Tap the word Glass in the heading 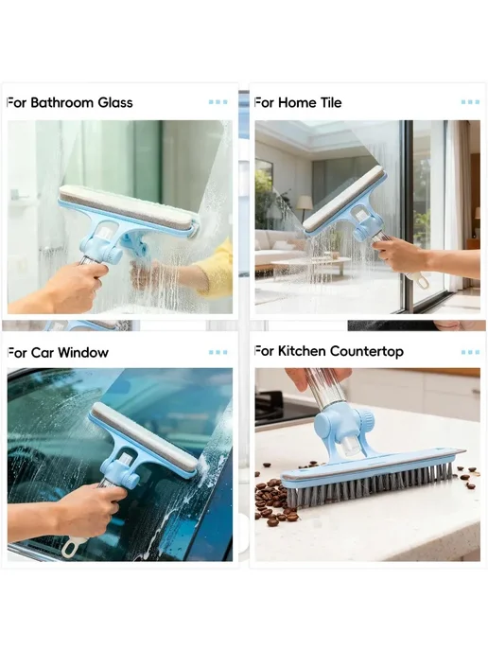coord(115,102)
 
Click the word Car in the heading coord(43,353)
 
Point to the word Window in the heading coord(83,353)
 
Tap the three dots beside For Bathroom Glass coord(218,102)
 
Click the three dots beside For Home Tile coord(470,102)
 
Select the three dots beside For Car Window coord(218,353)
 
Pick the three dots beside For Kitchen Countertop coord(470,353)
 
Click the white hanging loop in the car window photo coord(72,547)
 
